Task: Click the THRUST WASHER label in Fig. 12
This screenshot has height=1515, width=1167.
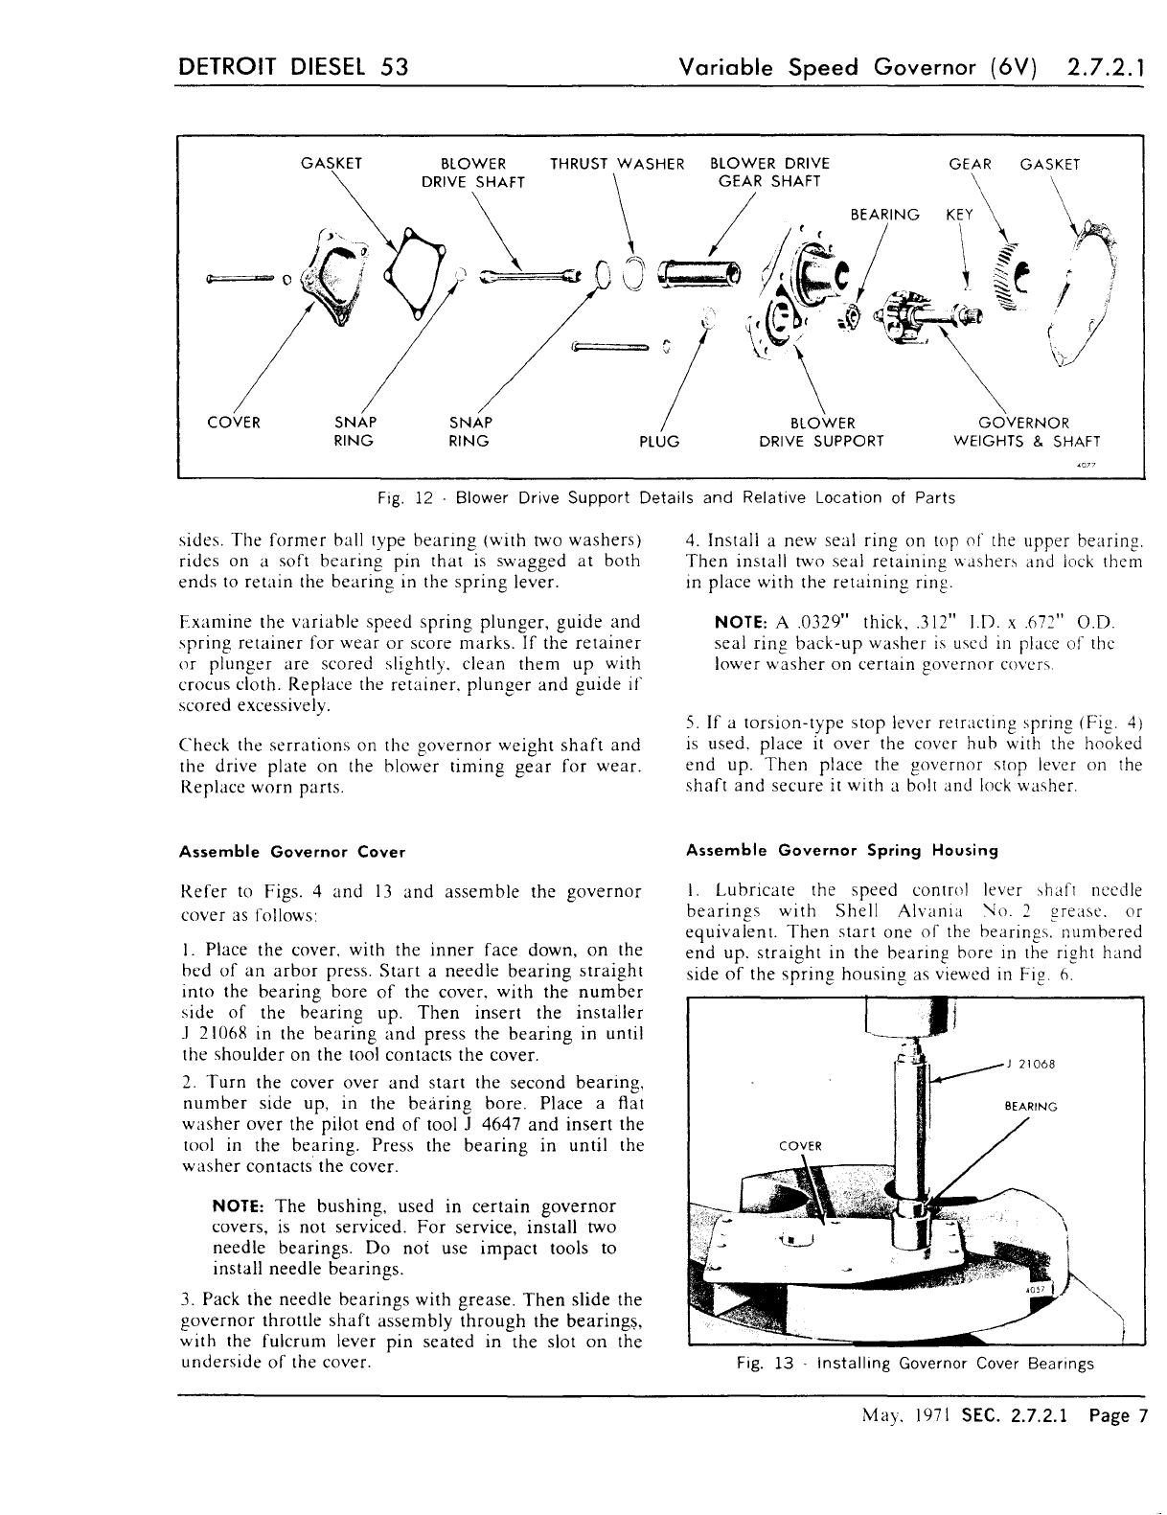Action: pos(617,163)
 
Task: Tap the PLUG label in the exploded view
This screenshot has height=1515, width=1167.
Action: pos(658,442)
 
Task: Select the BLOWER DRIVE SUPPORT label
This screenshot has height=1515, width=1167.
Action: pos(821,432)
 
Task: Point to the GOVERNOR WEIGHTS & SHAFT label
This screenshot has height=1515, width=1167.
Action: pos(1026,432)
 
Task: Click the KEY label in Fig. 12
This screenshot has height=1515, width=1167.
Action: pos(959,215)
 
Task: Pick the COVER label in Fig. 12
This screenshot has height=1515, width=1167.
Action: pos(235,423)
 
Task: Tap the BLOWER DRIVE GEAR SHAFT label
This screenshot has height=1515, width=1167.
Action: pos(769,172)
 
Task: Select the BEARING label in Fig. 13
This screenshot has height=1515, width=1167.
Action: pos(1030,1107)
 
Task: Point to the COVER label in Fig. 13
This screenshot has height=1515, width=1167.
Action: pos(800,1146)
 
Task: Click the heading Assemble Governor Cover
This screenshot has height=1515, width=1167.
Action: pos(293,852)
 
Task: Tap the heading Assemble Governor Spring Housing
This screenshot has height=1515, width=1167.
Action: pos(842,850)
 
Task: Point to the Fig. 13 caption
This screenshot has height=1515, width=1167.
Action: pos(915,1364)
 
